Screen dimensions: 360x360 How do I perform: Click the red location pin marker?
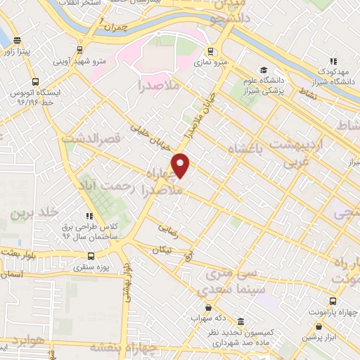tap(181, 165)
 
